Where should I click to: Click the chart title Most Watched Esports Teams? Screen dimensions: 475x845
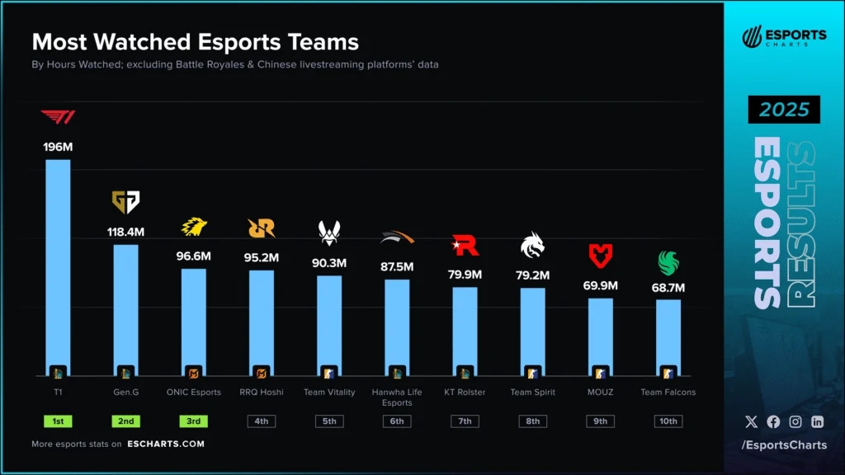(x=195, y=42)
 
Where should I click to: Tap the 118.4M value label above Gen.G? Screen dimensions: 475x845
(x=125, y=233)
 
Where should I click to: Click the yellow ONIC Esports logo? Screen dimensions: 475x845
(x=194, y=227)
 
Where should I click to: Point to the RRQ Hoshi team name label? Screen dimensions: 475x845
(x=261, y=393)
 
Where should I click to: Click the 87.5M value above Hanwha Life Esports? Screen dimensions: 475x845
(x=397, y=267)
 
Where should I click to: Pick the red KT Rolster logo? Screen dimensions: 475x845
(x=465, y=245)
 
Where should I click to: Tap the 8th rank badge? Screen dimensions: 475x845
(x=533, y=421)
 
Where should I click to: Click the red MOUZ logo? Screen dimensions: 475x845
(x=601, y=255)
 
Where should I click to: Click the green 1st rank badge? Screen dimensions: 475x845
(x=58, y=421)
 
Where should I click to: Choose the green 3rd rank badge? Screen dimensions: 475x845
(x=194, y=421)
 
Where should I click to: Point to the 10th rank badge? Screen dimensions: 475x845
(x=668, y=421)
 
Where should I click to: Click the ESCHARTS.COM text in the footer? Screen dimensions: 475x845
(x=166, y=444)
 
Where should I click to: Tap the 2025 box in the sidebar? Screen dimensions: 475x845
(x=784, y=110)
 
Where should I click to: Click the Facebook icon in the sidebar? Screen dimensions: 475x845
(x=773, y=421)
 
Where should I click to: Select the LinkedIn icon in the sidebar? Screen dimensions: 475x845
(x=817, y=421)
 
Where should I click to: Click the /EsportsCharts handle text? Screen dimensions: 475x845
(x=783, y=446)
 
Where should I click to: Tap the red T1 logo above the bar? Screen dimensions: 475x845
(x=58, y=118)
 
